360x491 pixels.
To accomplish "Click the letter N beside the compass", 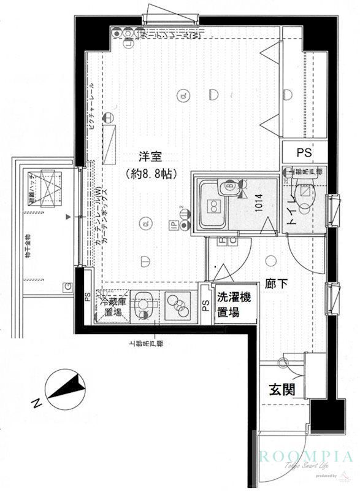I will (x=37, y=403).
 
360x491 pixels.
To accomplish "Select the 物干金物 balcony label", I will (x=28, y=245).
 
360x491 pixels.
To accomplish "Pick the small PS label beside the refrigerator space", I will (x=87, y=298).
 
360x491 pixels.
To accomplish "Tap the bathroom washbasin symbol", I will (x=229, y=187).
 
